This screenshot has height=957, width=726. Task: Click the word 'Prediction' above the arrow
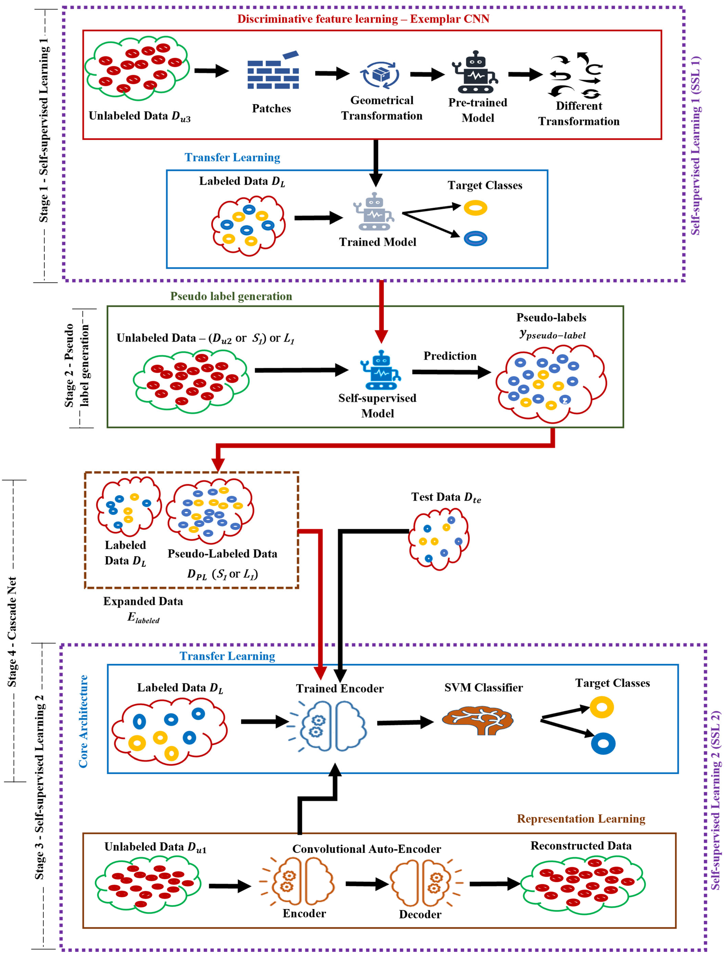(450, 356)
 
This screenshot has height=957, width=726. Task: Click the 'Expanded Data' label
(143, 601)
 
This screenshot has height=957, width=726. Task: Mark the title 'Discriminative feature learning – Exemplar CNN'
(363, 19)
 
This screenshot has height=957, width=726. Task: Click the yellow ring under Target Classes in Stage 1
(475, 208)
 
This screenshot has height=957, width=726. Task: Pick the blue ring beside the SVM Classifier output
(603, 744)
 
